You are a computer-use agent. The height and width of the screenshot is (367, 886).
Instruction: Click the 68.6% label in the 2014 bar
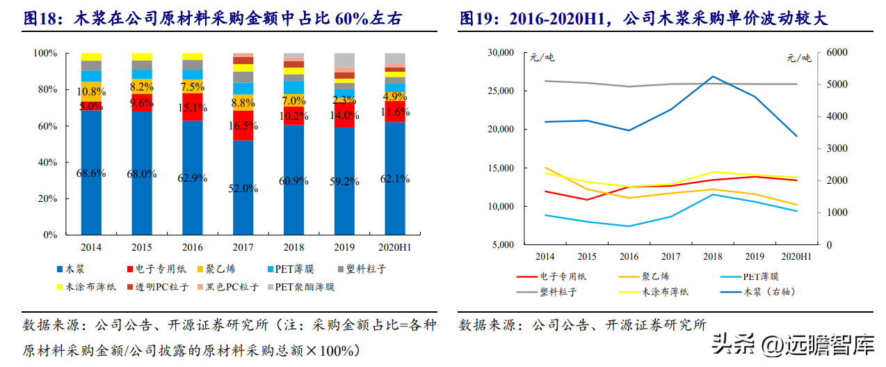click(91, 173)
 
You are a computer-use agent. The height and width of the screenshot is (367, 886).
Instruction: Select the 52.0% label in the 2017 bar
click(243, 188)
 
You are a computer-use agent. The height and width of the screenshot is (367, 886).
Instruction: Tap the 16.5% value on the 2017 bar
click(243, 126)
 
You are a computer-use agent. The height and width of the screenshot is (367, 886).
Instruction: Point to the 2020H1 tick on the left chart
click(394, 247)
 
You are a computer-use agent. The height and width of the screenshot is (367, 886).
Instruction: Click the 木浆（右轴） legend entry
click(764, 292)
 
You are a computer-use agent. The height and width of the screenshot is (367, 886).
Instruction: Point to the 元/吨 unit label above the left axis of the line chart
click(542, 58)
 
